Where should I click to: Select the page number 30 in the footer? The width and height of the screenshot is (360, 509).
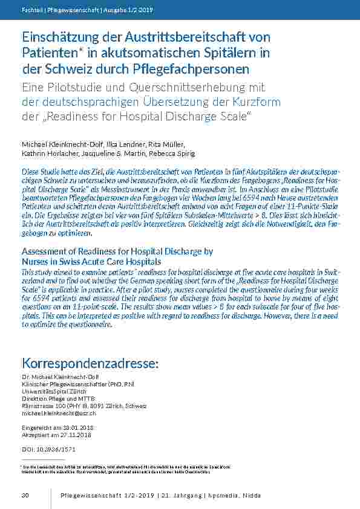(25, 496)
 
